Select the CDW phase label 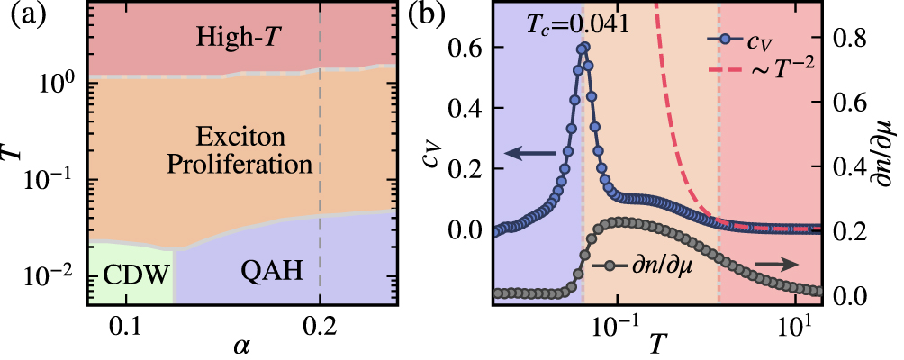127,274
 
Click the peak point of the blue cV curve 583,47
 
